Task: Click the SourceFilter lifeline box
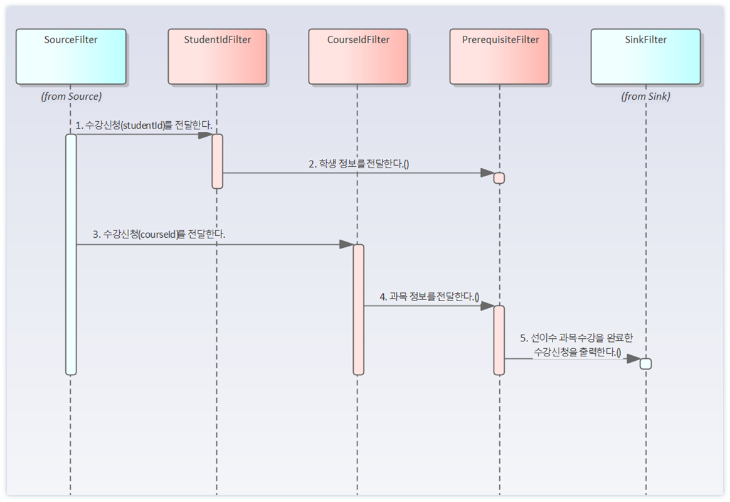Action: [x=71, y=56]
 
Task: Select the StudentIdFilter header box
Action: [x=217, y=56]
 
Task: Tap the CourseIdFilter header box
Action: [x=358, y=56]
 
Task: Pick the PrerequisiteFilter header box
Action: [x=500, y=56]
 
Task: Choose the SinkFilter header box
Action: [x=645, y=56]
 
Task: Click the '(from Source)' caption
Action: [x=71, y=97]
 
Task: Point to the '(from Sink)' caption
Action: [x=645, y=97]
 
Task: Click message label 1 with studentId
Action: [x=144, y=125]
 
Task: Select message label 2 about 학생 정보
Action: [x=359, y=164]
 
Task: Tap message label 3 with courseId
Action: [x=159, y=234]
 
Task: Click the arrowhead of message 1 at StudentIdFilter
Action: [x=205, y=134]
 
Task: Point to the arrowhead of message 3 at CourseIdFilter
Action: [x=346, y=244]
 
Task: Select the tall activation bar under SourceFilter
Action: [x=71, y=254]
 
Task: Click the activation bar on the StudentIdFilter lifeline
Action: [x=217, y=161]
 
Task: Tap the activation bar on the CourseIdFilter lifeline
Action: [x=358, y=309]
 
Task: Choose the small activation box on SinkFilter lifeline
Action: [x=645, y=364]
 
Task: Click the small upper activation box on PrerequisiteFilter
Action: [x=499, y=178]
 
